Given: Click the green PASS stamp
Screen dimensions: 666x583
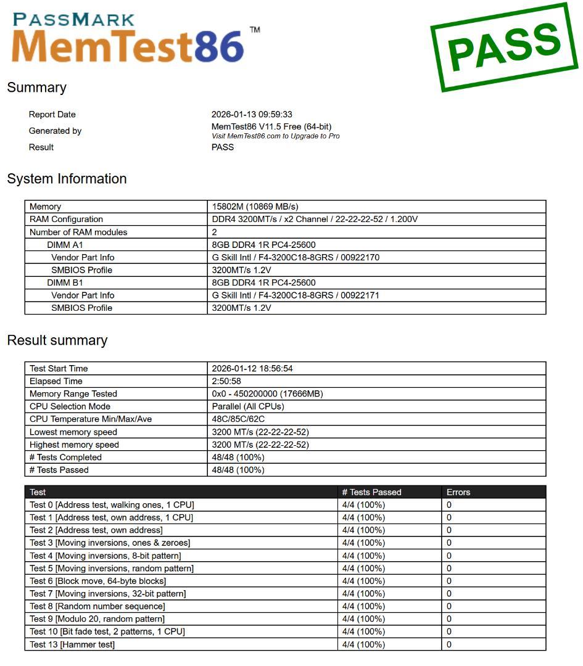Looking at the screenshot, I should coord(504,47).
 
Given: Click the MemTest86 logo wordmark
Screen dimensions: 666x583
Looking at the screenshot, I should coord(128,46).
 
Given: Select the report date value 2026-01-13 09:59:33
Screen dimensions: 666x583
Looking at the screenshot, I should coord(252,114).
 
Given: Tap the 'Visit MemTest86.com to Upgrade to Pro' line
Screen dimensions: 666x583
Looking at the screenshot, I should coord(275,136).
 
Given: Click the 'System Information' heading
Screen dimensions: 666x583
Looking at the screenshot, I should coord(67,179).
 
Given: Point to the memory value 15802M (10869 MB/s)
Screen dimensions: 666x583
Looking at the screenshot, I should coord(255,207).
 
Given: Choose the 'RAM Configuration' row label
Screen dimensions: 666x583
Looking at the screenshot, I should coord(66,220).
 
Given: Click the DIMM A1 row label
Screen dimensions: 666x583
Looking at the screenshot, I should coord(65,245).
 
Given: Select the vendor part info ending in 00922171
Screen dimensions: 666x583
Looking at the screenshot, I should coord(296,295).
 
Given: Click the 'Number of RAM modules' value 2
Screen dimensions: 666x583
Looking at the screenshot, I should coord(215,232).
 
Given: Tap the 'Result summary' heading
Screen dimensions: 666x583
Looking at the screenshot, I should coord(57,340).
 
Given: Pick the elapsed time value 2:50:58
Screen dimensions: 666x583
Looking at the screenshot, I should coord(226,381).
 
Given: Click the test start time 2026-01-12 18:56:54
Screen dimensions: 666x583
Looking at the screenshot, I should coord(252,369).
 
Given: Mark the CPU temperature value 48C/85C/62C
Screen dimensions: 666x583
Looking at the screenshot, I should coord(239,419).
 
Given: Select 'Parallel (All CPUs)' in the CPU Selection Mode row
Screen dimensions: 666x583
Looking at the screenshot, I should coord(247,406).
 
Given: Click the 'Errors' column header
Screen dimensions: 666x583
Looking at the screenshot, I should coord(458,492).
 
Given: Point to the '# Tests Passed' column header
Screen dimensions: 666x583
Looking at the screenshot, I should coord(371,492).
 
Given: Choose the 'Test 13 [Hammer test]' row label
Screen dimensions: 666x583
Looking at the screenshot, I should coord(72,644).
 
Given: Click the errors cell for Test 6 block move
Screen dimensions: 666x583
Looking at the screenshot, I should coord(449,581).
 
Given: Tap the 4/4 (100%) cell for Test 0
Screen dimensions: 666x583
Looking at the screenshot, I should coord(363,505).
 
